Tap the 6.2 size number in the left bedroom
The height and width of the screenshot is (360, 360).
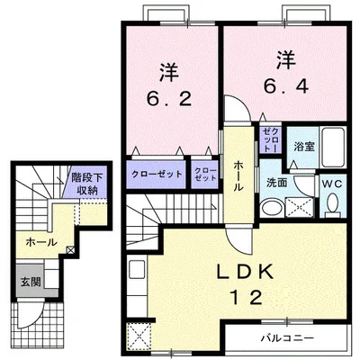169,98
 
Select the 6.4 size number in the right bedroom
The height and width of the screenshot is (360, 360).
286,85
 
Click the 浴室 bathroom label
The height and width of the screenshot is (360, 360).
304,147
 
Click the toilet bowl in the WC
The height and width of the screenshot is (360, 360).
333,205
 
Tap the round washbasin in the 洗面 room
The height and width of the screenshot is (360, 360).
272,208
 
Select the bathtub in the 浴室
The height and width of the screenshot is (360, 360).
332,147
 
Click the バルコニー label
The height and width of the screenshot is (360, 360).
287,338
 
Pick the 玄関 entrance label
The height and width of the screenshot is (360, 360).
31,282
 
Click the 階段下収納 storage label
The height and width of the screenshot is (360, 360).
86,184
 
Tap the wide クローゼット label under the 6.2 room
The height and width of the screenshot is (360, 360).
157,174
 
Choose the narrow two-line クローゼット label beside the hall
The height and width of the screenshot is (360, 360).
205,175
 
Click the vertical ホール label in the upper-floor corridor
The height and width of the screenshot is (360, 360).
238,175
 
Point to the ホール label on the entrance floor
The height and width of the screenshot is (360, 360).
41,242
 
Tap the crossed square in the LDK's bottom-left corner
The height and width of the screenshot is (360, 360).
139,336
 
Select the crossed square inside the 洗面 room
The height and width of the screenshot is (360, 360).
299,207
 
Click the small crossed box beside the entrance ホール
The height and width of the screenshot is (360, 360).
70,249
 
